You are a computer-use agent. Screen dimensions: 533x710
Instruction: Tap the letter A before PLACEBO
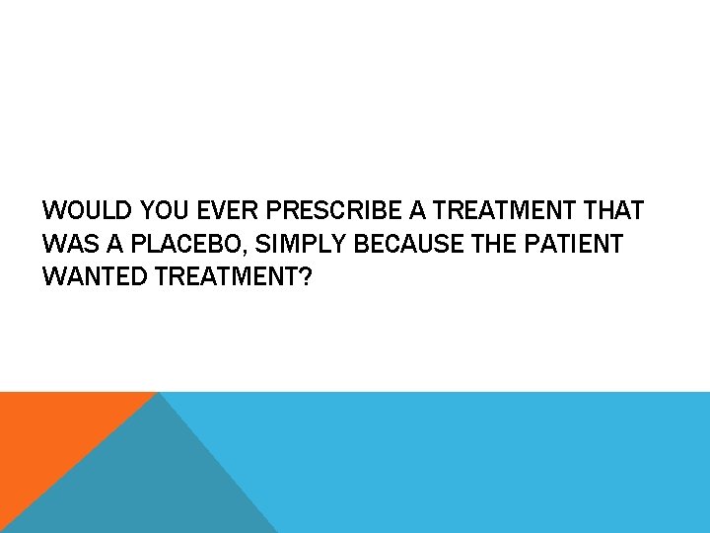point(111,244)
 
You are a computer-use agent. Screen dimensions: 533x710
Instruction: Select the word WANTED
point(96,276)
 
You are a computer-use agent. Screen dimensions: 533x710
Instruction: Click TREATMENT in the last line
point(226,276)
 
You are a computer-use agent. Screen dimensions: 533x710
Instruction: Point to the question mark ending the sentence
point(306,276)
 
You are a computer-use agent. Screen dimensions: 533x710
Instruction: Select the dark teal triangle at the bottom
point(148,484)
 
